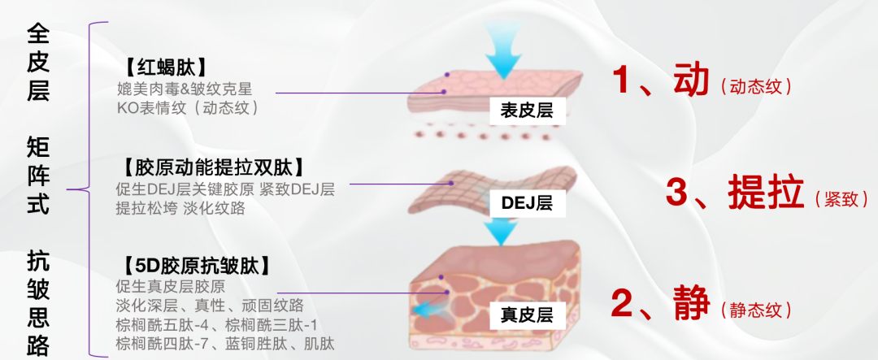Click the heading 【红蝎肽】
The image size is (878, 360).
tap(163, 67)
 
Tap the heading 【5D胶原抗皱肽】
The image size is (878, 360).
tap(195, 264)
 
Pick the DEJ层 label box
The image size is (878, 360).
tap(526, 203)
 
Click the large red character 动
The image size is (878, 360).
tap(692, 79)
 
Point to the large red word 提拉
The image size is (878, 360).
tap(766, 192)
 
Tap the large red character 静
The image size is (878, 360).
tap(691, 303)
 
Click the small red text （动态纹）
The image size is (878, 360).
tap(756, 87)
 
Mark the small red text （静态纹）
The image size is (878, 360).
tap(756, 310)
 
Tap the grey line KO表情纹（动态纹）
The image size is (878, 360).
tap(188, 107)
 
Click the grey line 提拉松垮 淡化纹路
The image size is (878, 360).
tap(180, 208)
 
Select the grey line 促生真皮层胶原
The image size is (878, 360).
tap(171, 287)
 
